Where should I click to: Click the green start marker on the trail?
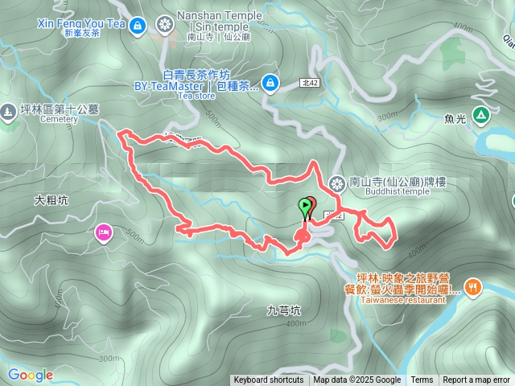305,206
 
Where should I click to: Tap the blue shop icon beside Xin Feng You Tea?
137,26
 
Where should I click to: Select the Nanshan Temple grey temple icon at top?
166,24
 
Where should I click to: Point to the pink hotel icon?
104,233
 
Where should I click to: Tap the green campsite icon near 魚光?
480,116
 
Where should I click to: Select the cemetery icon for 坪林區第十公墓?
9,110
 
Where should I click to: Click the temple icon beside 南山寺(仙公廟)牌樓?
336,183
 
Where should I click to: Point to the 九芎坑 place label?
283,309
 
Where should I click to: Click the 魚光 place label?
455,118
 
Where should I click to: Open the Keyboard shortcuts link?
268,380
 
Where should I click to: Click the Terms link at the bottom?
422,380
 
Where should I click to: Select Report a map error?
476,380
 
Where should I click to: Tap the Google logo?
31,375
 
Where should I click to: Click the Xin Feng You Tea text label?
81,23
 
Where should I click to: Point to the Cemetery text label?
59,119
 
